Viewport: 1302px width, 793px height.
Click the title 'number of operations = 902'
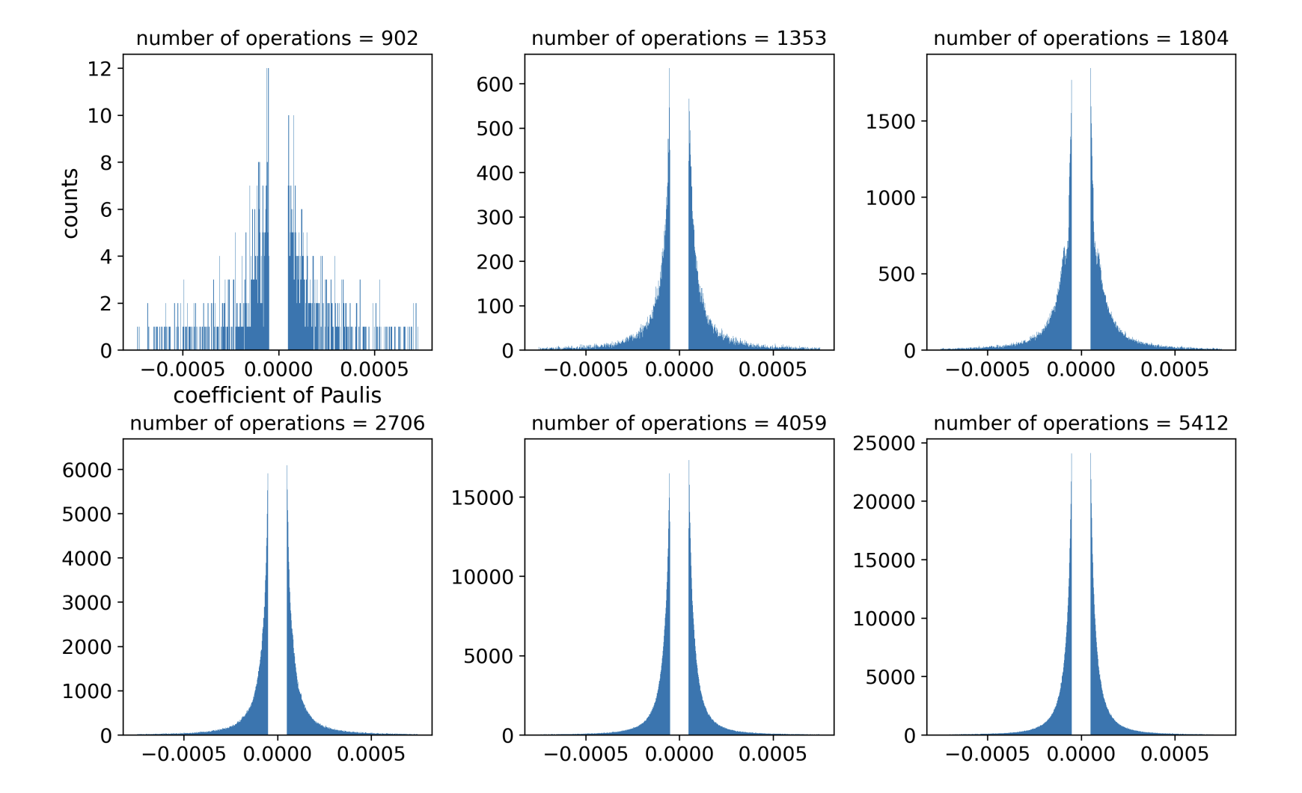pyautogui.click(x=277, y=38)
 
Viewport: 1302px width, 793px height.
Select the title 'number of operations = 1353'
pyautogui.click(x=679, y=38)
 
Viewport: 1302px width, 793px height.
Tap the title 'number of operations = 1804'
pyautogui.click(x=1081, y=38)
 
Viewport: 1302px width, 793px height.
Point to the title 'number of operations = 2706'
pyautogui.click(x=277, y=423)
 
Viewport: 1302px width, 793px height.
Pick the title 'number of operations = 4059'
pyautogui.click(x=679, y=423)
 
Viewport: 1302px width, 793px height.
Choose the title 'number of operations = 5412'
pyautogui.click(x=1081, y=423)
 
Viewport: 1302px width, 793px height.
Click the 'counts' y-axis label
pyautogui.click(x=70, y=203)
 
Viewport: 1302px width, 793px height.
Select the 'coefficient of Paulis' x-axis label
pyautogui.click(x=277, y=395)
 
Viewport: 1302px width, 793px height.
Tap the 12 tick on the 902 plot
pyautogui.click(x=100, y=69)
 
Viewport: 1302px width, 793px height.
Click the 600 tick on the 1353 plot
pyautogui.click(x=495, y=85)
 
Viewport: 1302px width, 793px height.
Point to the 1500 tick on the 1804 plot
pyautogui.click(x=890, y=121)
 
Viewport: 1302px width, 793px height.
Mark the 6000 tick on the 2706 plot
pyautogui.click(x=87, y=470)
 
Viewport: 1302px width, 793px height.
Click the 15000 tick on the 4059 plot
pyautogui.click(x=483, y=497)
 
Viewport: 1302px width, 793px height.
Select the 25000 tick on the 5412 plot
pyautogui.click(x=884, y=443)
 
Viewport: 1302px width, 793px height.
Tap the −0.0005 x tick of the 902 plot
pyautogui.click(x=183, y=370)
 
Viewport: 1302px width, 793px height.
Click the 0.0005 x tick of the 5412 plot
pyautogui.click(x=1175, y=754)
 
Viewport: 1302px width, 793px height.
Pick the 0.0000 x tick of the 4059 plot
pyautogui.click(x=679, y=754)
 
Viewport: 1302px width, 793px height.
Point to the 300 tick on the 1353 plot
pyautogui.click(x=495, y=218)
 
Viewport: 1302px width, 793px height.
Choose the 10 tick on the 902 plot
pyautogui.click(x=100, y=116)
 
